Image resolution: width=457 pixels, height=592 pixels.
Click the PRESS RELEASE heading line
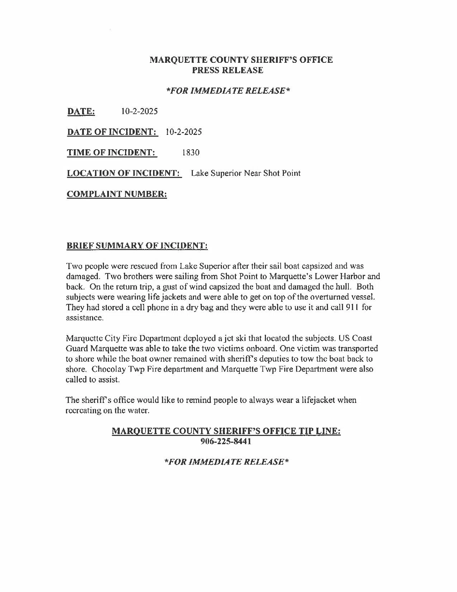point(228,70)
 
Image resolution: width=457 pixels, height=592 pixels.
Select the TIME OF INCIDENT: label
point(111,152)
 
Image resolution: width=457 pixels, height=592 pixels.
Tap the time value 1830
point(190,152)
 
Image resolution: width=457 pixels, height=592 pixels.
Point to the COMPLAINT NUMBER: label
point(117,194)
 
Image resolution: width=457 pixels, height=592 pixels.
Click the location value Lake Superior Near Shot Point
point(246,173)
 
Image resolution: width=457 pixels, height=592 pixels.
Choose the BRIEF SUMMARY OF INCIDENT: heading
point(137,246)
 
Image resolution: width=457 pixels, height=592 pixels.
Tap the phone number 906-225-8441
point(226,441)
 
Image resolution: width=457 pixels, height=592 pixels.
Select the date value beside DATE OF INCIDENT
point(184,132)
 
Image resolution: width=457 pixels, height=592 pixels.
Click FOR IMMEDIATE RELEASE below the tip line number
point(226,462)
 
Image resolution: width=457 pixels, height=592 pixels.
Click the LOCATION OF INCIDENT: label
point(123,173)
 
